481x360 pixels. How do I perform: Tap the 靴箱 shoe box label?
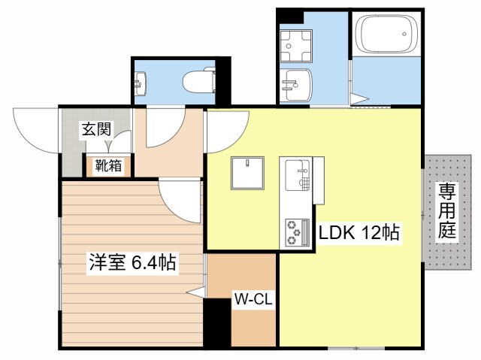(108, 166)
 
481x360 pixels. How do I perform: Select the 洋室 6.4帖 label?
(132, 263)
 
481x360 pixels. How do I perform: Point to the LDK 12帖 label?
(358, 233)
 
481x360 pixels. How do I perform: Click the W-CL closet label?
(253, 299)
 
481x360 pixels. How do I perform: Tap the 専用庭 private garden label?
(448, 211)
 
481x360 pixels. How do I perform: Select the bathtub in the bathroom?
(386, 35)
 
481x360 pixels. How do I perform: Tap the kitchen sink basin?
(298, 176)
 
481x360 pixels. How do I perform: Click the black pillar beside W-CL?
(216, 322)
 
